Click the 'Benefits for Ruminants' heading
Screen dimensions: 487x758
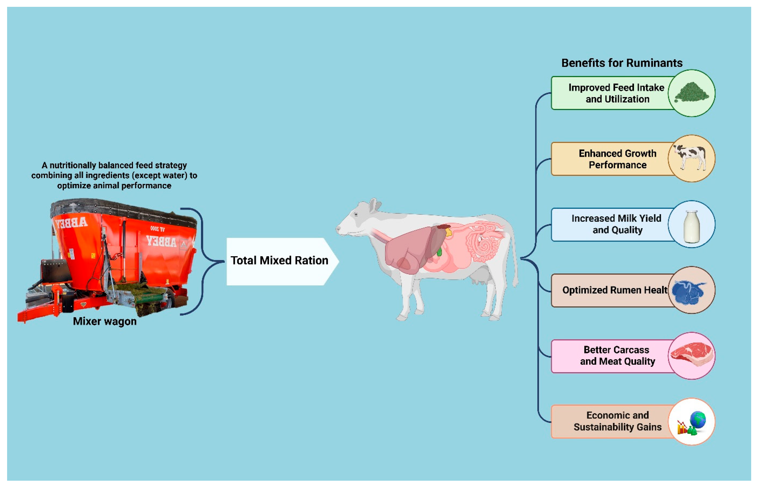(x=622, y=63)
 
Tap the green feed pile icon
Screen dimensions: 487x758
(x=692, y=93)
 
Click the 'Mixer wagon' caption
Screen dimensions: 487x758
(x=105, y=321)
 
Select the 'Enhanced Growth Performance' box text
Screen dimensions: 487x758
(x=617, y=159)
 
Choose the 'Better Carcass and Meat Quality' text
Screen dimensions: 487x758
(x=617, y=355)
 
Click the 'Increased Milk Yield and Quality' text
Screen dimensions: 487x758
(x=617, y=224)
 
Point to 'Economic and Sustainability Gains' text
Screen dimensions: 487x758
(x=617, y=421)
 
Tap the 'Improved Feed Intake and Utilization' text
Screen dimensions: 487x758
(x=617, y=93)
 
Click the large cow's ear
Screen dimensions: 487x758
(x=374, y=206)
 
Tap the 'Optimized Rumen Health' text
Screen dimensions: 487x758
(x=614, y=290)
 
